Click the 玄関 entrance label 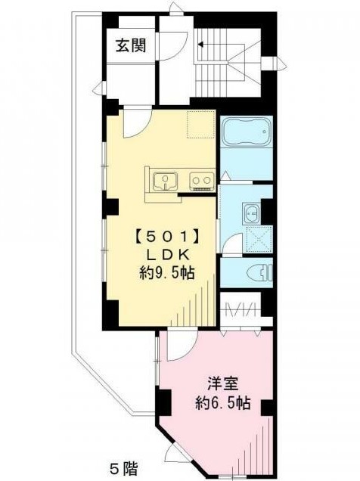pos(131,45)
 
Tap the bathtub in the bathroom pos(247,132)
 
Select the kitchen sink pos(166,182)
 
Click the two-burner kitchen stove pos(202,182)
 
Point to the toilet pos(259,272)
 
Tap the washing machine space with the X pos(259,239)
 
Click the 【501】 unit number pos(167,237)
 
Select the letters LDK pos(167,255)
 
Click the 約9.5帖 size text pos(167,272)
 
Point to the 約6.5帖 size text pos(223,403)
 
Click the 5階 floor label pos(124,468)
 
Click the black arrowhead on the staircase pos(200,45)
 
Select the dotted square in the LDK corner pos(200,124)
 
